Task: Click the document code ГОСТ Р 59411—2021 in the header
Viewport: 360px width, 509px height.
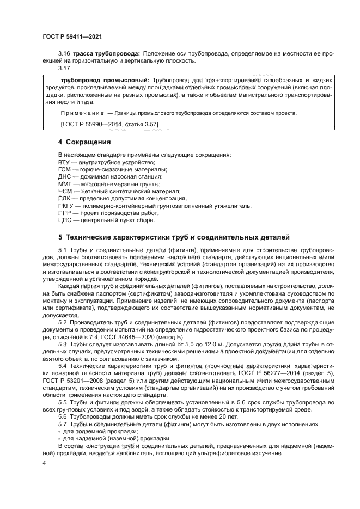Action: pos(72,36)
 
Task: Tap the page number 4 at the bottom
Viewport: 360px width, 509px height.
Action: pos(45,462)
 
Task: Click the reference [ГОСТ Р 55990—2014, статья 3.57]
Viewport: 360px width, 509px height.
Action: pos(109,125)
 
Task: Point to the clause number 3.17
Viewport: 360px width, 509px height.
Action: pos(64,68)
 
